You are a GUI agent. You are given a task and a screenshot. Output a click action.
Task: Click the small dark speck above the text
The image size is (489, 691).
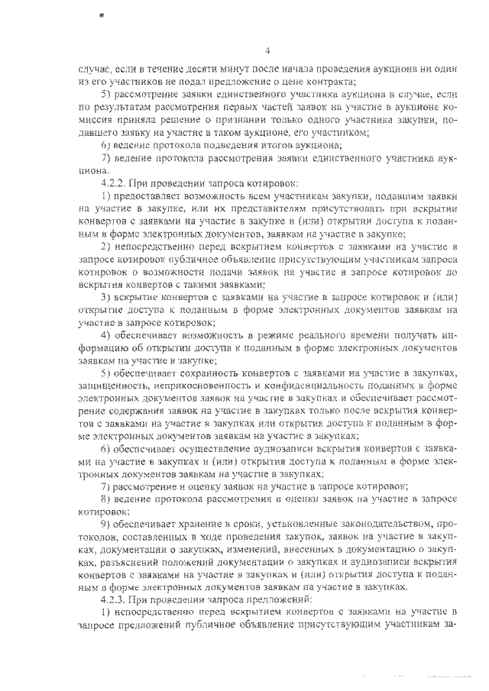click(x=101, y=15)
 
